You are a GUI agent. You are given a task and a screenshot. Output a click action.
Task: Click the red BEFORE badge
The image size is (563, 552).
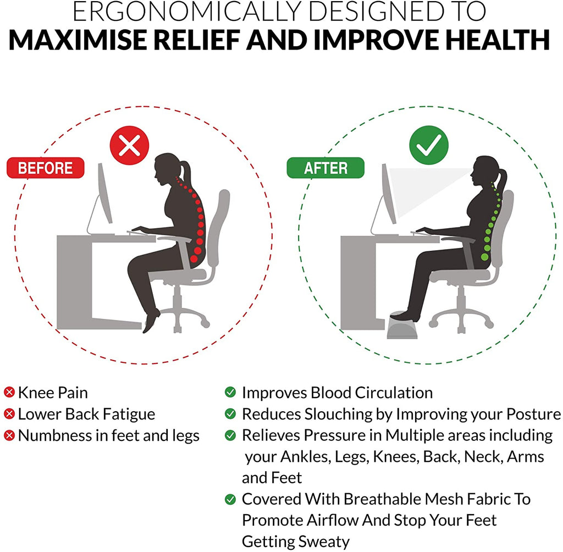point(46,168)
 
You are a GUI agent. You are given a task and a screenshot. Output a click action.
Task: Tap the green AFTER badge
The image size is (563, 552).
point(325,168)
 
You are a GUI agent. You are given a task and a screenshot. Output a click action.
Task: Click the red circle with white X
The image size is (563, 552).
point(129,146)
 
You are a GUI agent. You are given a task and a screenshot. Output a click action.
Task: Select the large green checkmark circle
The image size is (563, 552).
point(429,145)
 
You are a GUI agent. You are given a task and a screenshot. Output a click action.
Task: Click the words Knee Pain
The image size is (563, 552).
point(53,393)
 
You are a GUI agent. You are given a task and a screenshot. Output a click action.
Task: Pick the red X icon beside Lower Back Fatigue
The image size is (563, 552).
point(9,414)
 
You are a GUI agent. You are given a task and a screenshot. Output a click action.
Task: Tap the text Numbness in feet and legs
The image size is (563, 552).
point(109,435)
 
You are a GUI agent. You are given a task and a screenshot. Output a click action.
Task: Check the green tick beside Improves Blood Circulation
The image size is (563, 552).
point(230,392)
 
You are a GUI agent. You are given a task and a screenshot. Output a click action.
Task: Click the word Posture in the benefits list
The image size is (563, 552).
point(533,414)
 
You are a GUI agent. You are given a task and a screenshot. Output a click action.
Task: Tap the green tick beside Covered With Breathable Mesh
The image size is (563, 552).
point(230,499)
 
